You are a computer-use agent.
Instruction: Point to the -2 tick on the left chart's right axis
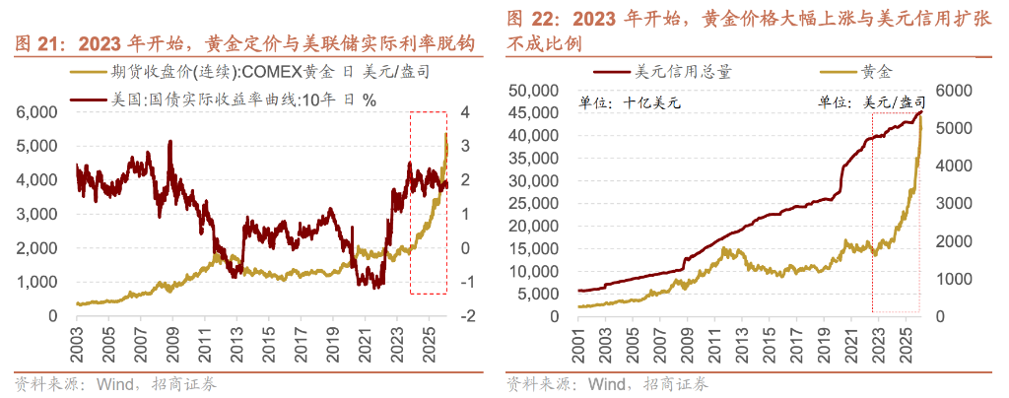coord(469,316)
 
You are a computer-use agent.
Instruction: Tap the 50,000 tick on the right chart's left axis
coord(537,91)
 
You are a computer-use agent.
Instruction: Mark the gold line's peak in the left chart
coord(446,134)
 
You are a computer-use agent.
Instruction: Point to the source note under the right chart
coord(607,383)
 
